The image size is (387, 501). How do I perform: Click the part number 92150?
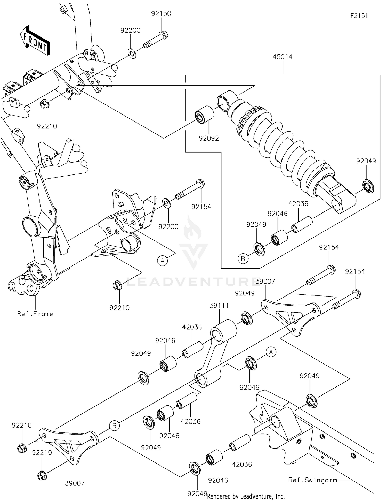pos(161,13)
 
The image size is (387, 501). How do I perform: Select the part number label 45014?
pos(283,57)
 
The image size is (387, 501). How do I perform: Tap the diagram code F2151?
pos(359,16)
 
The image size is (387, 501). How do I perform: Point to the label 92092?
pos(209,138)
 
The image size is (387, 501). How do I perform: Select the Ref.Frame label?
pos(35,314)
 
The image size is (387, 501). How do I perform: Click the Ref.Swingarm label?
pos(312,480)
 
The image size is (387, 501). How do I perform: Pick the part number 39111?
pos(219,306)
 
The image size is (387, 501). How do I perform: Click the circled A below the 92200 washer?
pos(162,261)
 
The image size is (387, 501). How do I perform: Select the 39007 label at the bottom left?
pos(75,483)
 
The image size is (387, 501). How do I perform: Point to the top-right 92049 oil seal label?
pos(366,161)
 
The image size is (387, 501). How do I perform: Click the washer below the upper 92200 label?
pos(132,54)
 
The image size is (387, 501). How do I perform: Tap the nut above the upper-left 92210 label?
pos(44,104)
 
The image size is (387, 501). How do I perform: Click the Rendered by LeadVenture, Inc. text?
pos(246,496)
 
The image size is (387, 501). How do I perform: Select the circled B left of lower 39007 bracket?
pos(114,426)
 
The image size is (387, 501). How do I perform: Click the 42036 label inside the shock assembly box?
pos(298,204)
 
